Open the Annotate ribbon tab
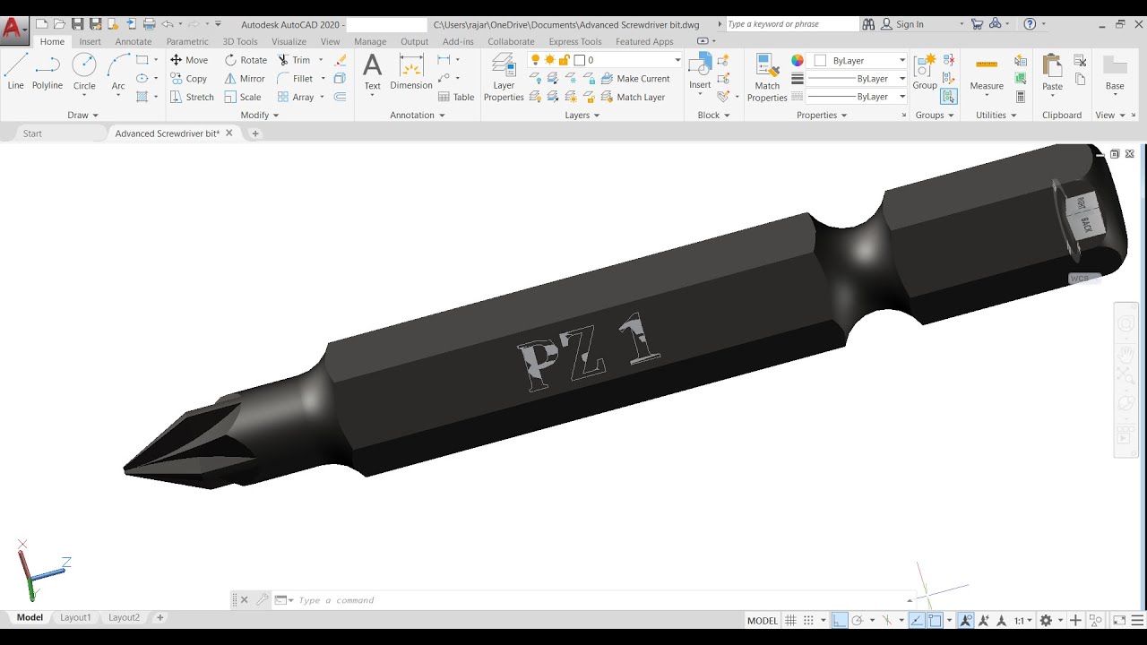point(133,41)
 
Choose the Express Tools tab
point(575,41)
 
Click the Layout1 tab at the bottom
point(75,617)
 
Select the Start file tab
point(32,133)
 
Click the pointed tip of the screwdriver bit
point(127,468)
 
